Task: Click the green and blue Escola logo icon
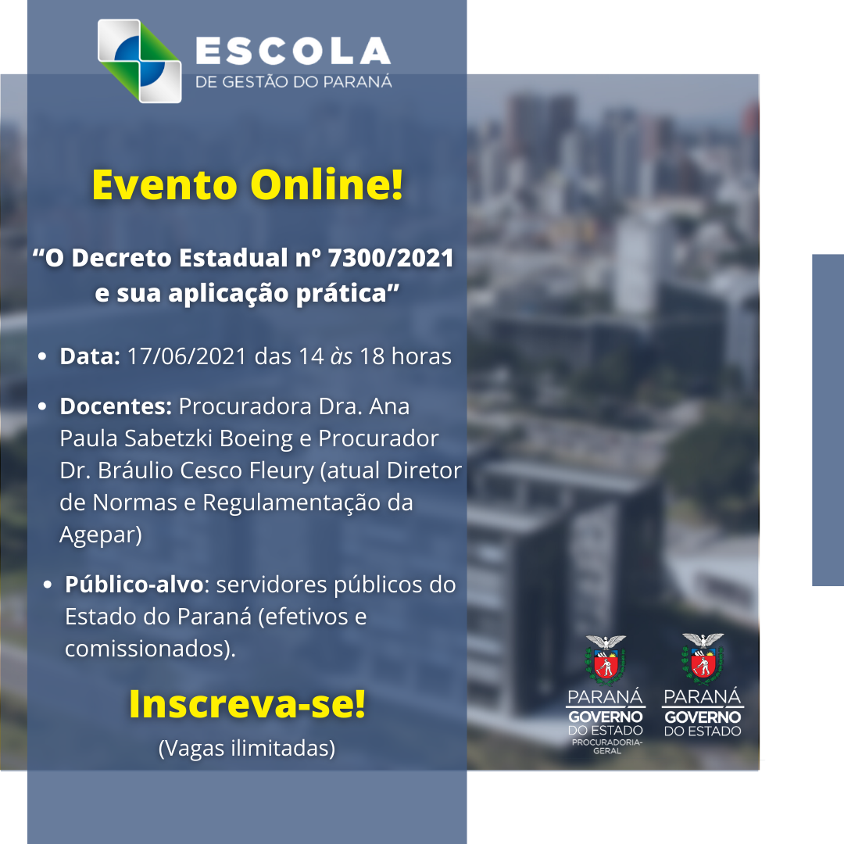[139, 61]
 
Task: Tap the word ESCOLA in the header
[293, 51]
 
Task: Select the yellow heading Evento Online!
[247, 184]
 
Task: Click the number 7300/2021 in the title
[390, 258]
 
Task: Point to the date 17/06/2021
[187, 356]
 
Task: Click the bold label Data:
[90, 356]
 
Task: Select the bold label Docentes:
[116, 406]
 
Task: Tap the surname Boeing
[256, 439]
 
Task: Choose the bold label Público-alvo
[134, 585]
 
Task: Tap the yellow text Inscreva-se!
[247, 704]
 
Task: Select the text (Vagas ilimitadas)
[247, 749]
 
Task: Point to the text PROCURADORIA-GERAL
[606, 746]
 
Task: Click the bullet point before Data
[42, 356]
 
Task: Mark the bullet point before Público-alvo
[48, 585]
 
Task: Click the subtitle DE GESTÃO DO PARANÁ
[293, 82]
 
